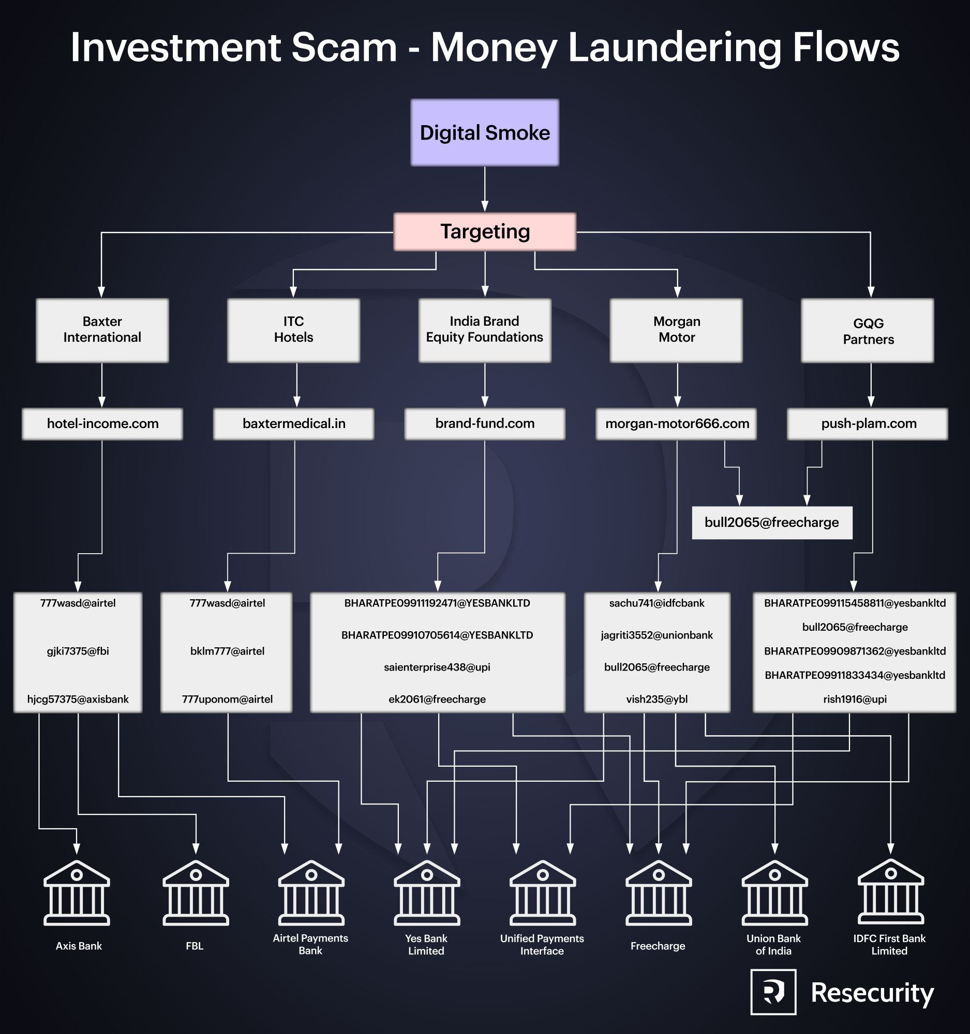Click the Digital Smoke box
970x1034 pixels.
(484, 133)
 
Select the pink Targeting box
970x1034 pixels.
(484, 232)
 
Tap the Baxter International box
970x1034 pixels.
(102, 330)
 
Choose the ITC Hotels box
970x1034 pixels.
(293, 330)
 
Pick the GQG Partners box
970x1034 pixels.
(868, 331)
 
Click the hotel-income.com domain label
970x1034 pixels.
(102, 424)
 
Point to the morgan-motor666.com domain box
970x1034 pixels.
(677, 424)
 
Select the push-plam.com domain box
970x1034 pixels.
(868, 424)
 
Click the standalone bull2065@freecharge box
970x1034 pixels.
(772, 523)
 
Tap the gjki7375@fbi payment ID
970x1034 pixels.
(78, 651)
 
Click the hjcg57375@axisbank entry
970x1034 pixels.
(78, 699)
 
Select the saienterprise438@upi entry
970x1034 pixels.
(437, 667)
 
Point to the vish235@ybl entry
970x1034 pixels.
(656, 699)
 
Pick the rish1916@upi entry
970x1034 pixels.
(855, 699)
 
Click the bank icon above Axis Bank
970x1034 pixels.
(77, 892)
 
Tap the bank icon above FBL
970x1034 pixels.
(196, 892)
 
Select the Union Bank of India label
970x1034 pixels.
(773, 945)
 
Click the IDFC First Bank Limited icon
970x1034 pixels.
(890, 892)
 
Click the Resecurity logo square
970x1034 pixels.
(773, 992)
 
